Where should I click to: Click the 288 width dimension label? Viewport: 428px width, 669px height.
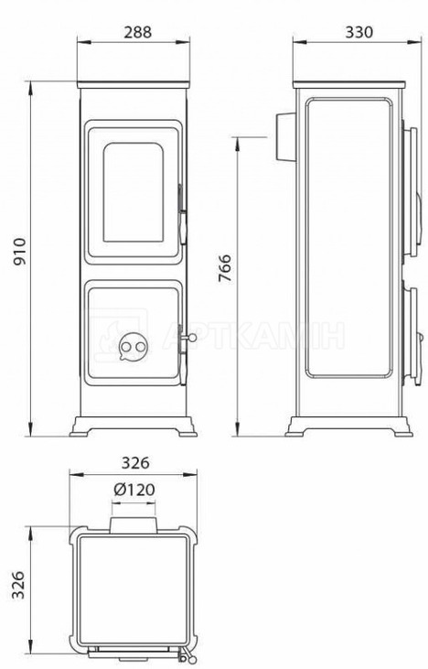coord(137,32)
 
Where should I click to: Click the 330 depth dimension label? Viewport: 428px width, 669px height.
coord(358,32)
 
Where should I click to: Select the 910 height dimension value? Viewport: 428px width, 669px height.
coord(19,252)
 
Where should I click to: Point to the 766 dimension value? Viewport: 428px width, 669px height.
coord(225,268)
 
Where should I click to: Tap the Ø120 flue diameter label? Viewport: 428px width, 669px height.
coord(134,490)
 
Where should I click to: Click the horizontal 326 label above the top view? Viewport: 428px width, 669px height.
coord(135,463)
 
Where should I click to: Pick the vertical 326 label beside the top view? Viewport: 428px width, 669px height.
coord(18,585)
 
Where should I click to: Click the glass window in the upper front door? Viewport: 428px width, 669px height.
coord(133,192)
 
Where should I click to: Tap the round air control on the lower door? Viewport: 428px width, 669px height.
coord(133,347)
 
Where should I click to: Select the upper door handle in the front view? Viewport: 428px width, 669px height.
coord(183,214)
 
